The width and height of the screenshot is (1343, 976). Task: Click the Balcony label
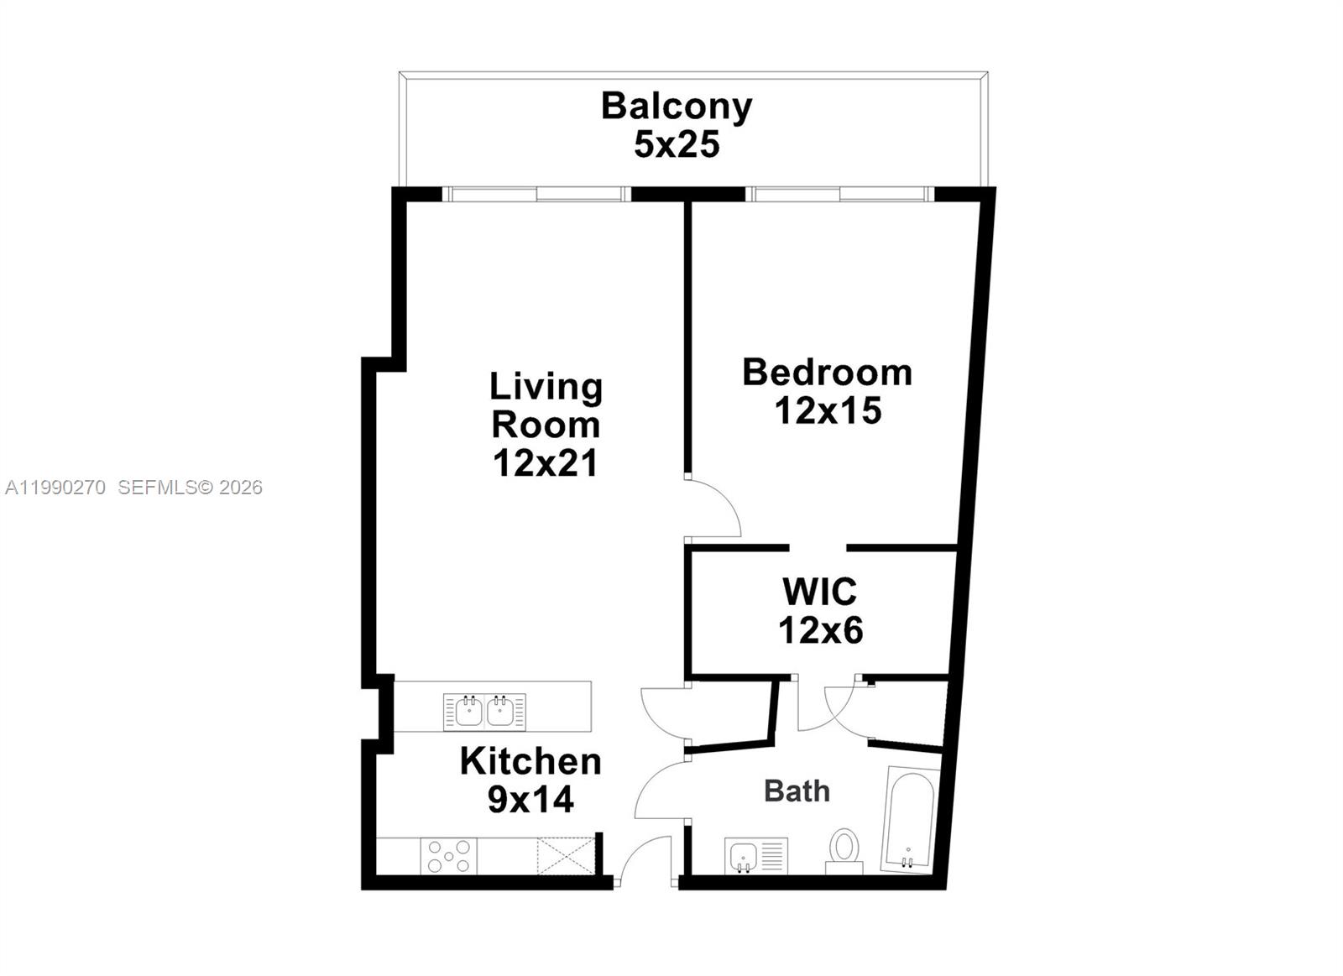(x=677, y=107)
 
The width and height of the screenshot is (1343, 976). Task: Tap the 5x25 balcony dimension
(x=677, y=145)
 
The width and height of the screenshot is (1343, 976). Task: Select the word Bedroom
(x=827, y=373)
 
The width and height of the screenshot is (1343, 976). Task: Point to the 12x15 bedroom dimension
(x=828, y=411)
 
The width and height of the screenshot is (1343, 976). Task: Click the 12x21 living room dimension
(x=546, y=463)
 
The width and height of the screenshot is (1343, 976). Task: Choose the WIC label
(x=819, y=592)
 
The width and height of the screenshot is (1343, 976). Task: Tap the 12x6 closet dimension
(x=820, y=630)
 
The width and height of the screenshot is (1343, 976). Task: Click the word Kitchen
(x=530, y=762)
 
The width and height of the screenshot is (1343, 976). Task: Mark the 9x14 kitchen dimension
(x=530, y=800)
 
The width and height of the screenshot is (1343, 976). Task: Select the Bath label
(x=797, y=791)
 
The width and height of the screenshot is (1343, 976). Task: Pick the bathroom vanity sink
(x=745, y=856)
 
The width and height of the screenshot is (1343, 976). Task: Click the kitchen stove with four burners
(x=449, y=856)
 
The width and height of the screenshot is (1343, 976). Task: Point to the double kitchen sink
(x=484, y=712)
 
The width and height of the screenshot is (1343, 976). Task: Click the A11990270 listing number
(x=55, y=488)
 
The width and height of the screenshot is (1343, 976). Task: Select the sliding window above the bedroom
(x=840, y=195)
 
